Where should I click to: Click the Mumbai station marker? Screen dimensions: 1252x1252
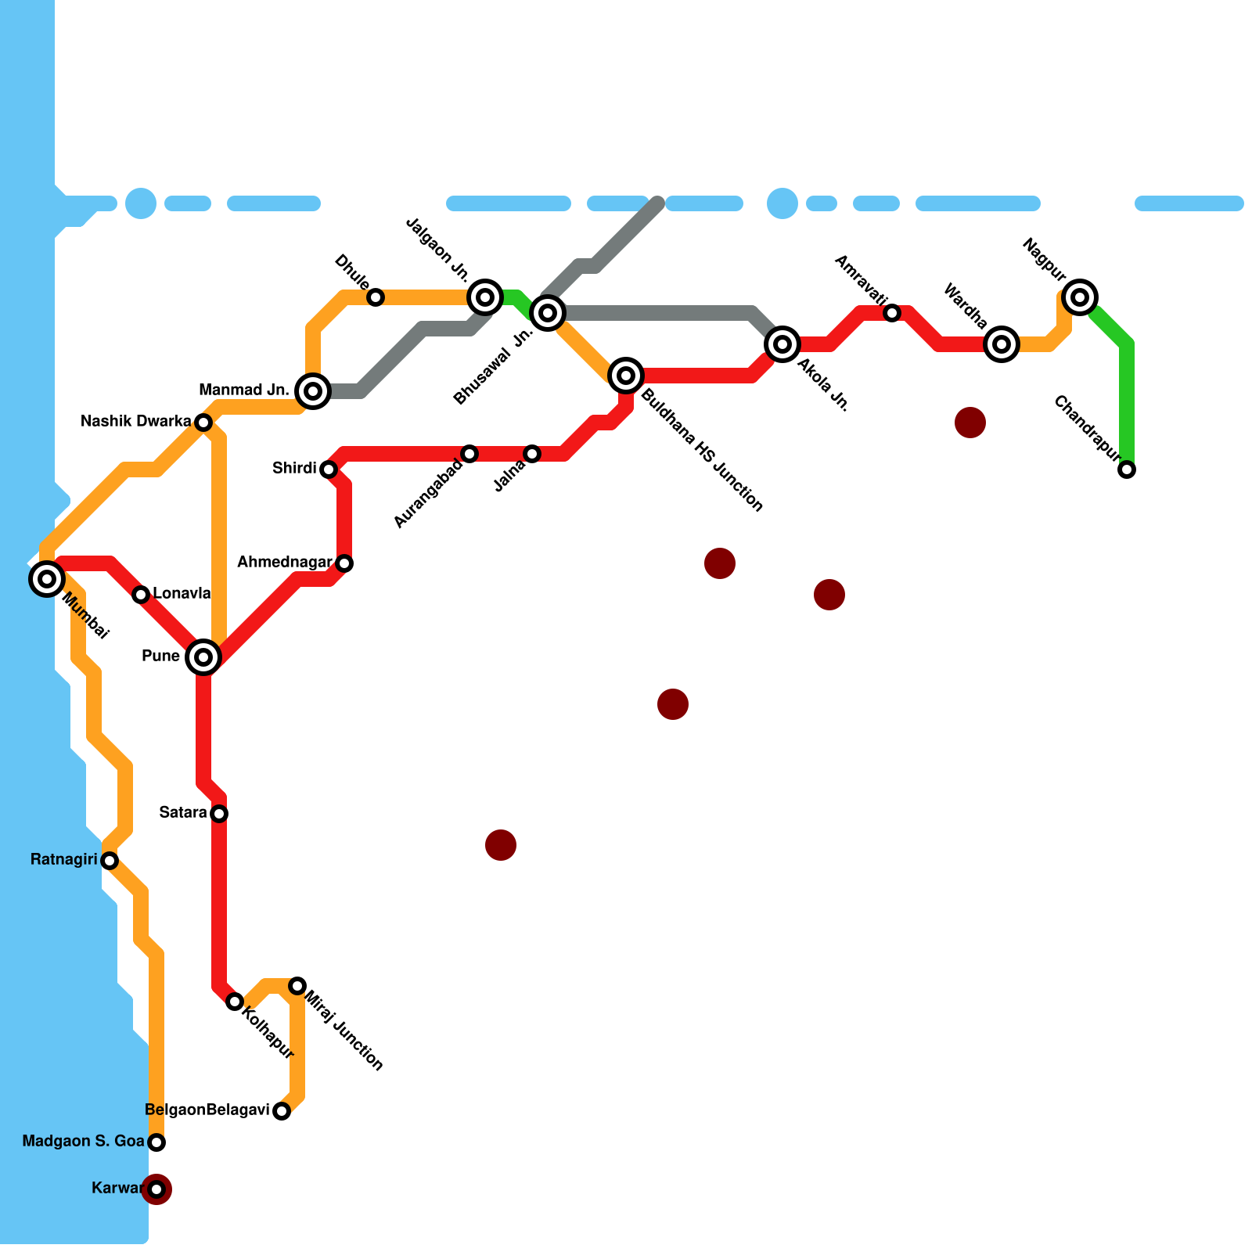[47, 579]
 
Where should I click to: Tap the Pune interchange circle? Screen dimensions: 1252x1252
[203, 657]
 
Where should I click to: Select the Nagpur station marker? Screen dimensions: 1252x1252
[1080, 297]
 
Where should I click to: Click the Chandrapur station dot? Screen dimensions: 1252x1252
[1127, 469]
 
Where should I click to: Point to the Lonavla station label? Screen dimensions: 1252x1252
[182, 593]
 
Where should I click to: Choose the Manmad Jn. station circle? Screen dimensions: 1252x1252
[313, 390]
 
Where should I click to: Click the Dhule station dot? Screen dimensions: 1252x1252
[376, 297]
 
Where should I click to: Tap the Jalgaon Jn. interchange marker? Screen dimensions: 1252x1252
[485, 297]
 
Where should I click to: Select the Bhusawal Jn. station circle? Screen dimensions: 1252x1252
[548, 313]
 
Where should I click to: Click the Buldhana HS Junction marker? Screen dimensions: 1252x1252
[626, 376]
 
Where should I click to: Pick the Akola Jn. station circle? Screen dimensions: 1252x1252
[782, 344]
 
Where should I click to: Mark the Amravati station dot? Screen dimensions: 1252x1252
[892, 313]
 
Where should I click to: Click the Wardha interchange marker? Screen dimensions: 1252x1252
[1002, 344]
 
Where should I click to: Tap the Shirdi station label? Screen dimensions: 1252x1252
[294, 469]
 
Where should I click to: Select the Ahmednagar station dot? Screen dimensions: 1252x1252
[344, 563]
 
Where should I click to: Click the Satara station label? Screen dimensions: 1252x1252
[183, 813]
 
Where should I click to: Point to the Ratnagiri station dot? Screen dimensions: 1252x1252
[110, 861]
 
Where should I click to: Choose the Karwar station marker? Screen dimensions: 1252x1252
[156, 1189]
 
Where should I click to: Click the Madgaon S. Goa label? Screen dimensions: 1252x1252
[83, 1142]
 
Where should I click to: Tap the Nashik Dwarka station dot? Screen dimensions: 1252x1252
[203, 423]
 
